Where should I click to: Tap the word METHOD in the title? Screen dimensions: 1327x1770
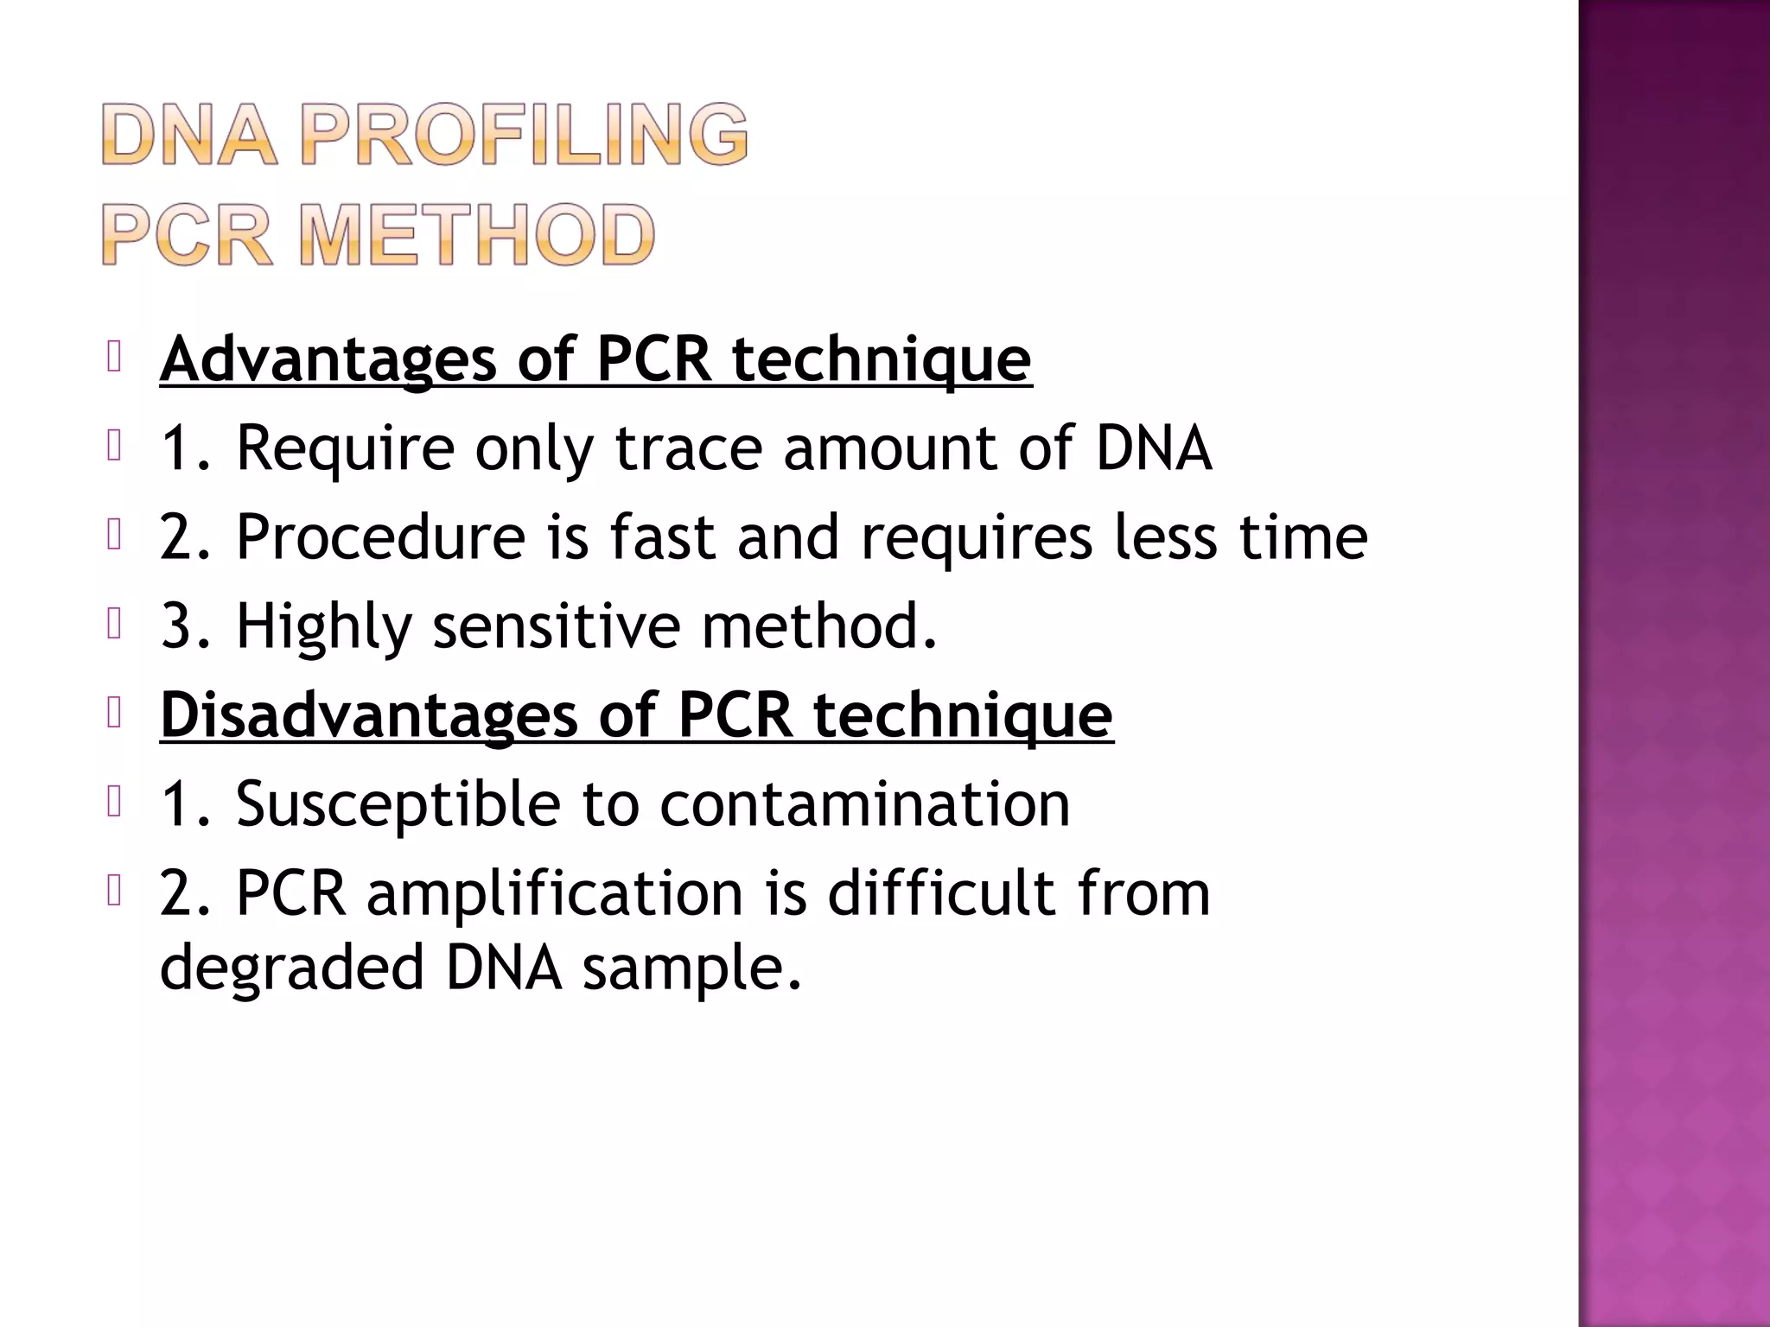477,234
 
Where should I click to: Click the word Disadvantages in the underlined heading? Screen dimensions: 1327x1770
369,714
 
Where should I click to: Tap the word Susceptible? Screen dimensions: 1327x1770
398,803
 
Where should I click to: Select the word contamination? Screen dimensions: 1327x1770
864,803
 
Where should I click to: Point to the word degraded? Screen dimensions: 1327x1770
292,968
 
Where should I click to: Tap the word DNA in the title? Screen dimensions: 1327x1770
190,134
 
